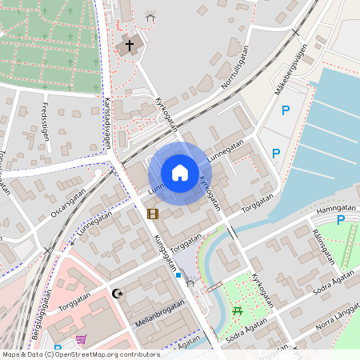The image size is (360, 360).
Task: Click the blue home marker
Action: tap(180, 172)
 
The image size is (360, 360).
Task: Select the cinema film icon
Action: tap(153, 214)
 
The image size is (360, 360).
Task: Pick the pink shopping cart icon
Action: tap(81, 339)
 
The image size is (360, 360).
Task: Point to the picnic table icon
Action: tap(237, 310)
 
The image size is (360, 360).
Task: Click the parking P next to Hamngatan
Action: tap(341, 220)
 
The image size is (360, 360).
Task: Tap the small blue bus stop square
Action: tap(178, 275)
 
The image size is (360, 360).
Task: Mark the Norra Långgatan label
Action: tap(335, 318)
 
